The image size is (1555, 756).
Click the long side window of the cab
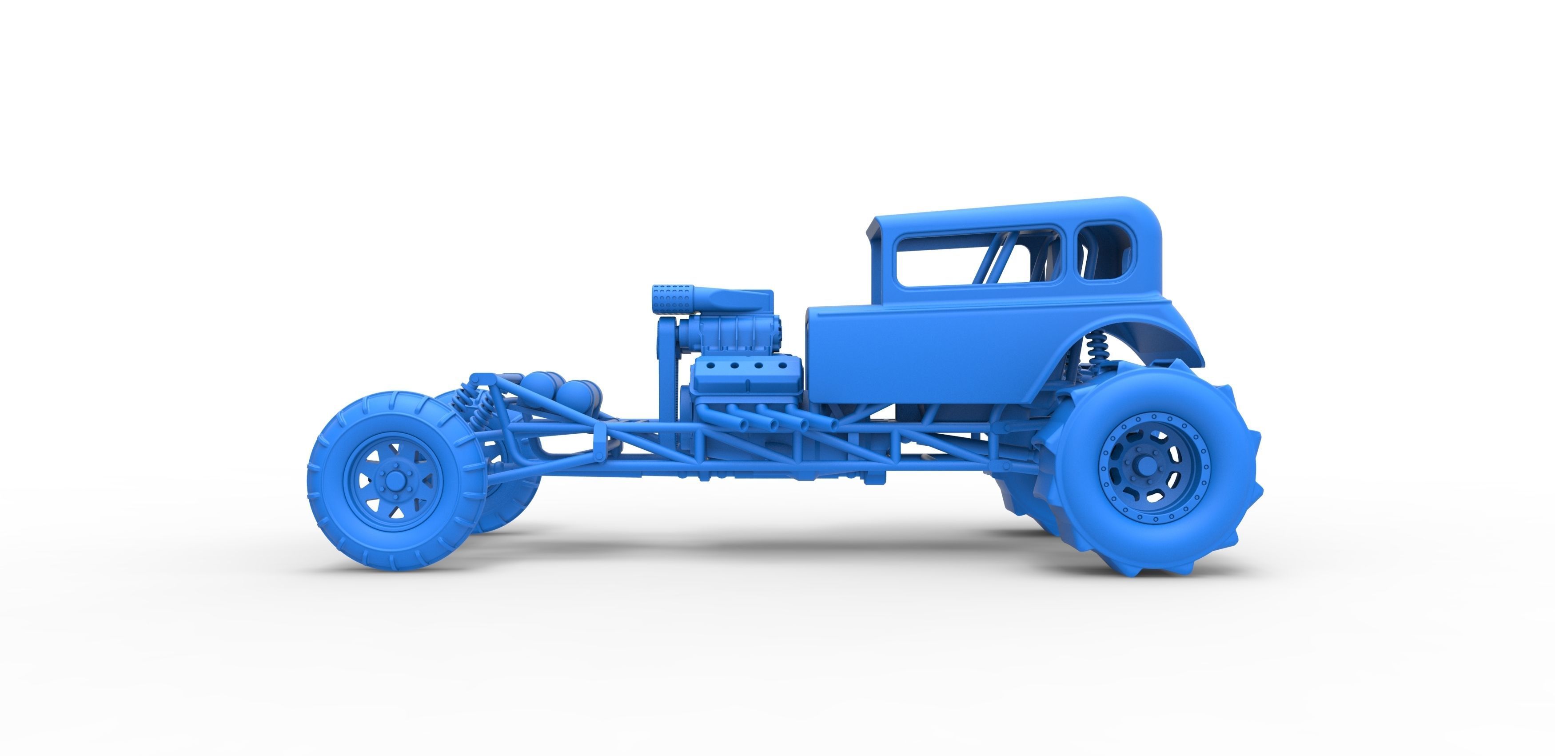(978, 256)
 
